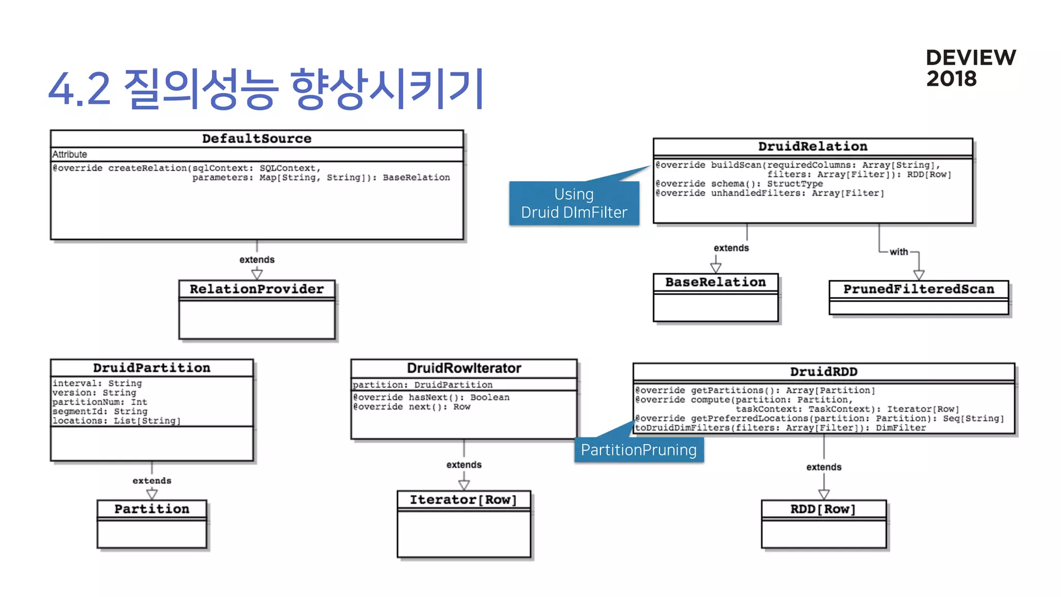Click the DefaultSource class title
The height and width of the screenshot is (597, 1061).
[x=256, y=139]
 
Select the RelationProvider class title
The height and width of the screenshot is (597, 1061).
[x=256, y=289]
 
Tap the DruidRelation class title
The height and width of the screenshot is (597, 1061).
[x=812, y=147]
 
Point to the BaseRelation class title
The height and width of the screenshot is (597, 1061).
[x=715, y=282]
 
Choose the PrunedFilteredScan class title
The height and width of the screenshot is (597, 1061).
[x=919, y=289]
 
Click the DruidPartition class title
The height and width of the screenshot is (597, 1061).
[x=151, y=368]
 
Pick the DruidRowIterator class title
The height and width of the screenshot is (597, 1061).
[x=464, y=368]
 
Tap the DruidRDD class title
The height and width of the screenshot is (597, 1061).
[x=823, y=372]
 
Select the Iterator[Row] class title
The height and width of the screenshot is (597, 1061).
[x=463, y=500]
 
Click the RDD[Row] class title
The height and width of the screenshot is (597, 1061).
[x=823, y=509]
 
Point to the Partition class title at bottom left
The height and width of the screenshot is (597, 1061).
[x=151, y=509]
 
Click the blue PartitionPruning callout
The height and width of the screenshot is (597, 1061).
[x=638, y=450]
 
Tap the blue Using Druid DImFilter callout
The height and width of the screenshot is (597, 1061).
[x=573, y=203]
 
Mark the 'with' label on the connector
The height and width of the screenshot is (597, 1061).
[x=899, y=252]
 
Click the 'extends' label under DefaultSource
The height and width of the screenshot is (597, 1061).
[x=256, y=260]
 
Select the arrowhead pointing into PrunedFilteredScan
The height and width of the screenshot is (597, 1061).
[x=919, y=275]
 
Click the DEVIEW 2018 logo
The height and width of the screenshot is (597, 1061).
[x=970, y=68]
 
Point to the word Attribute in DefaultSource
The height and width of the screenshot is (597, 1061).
[x=69, y=154]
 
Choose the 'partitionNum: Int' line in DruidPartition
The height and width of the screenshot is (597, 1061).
[x=99, y=402]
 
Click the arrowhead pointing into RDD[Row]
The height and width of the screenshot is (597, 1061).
[x=824, y=494]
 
